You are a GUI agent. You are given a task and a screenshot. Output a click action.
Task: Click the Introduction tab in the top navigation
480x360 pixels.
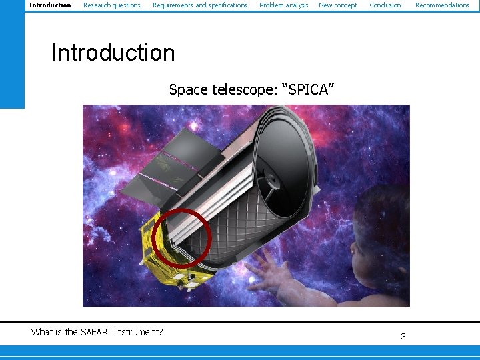tap(50, 5)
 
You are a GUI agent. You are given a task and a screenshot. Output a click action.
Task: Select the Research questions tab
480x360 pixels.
tap(112, 5)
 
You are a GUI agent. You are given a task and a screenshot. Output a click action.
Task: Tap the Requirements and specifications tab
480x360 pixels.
tap(200, 5)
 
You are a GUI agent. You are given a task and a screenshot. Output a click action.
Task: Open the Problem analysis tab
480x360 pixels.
tap(284, 5)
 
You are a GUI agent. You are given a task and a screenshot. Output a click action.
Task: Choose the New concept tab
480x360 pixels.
tap(338, 5)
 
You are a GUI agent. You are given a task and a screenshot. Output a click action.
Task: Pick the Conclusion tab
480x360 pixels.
tap(385, 5)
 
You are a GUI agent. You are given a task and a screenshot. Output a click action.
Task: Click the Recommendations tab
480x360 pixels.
tap(442, 5)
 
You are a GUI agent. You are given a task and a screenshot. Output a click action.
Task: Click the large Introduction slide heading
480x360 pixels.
tap(113, 53)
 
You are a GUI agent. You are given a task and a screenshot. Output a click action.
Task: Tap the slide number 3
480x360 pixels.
tap(403, 337)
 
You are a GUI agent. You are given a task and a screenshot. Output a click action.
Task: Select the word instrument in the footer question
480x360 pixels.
tap(138, 332)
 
